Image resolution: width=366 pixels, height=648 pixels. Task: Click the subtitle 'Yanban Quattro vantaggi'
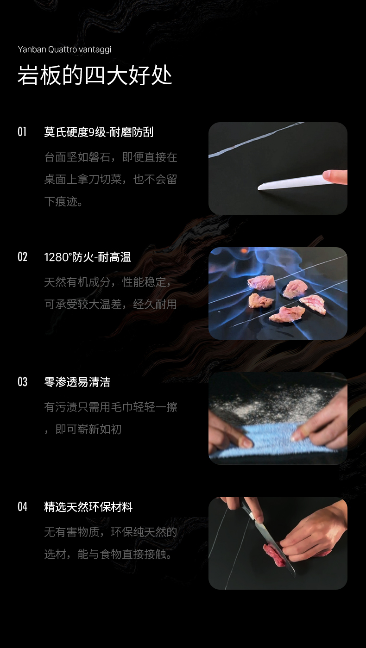[64, 50]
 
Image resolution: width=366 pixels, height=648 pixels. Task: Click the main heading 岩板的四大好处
[95, 75]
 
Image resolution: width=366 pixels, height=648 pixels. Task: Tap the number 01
[22, 132]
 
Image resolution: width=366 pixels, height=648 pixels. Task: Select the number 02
[22, 257]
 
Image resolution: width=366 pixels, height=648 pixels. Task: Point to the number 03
[22, 382]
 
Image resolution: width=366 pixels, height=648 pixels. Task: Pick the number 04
[22, 507]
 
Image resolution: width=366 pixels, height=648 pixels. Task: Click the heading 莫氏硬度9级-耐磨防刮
[99, 132]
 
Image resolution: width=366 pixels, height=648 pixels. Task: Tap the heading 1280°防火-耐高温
[88, 257]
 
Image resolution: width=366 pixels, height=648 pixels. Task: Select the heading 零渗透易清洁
[77, 382]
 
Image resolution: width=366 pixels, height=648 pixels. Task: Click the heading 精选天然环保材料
[88, 507]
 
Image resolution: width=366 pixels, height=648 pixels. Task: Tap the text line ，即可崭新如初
[83, 430]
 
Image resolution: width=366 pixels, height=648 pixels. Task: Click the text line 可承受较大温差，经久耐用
[111, 305]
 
